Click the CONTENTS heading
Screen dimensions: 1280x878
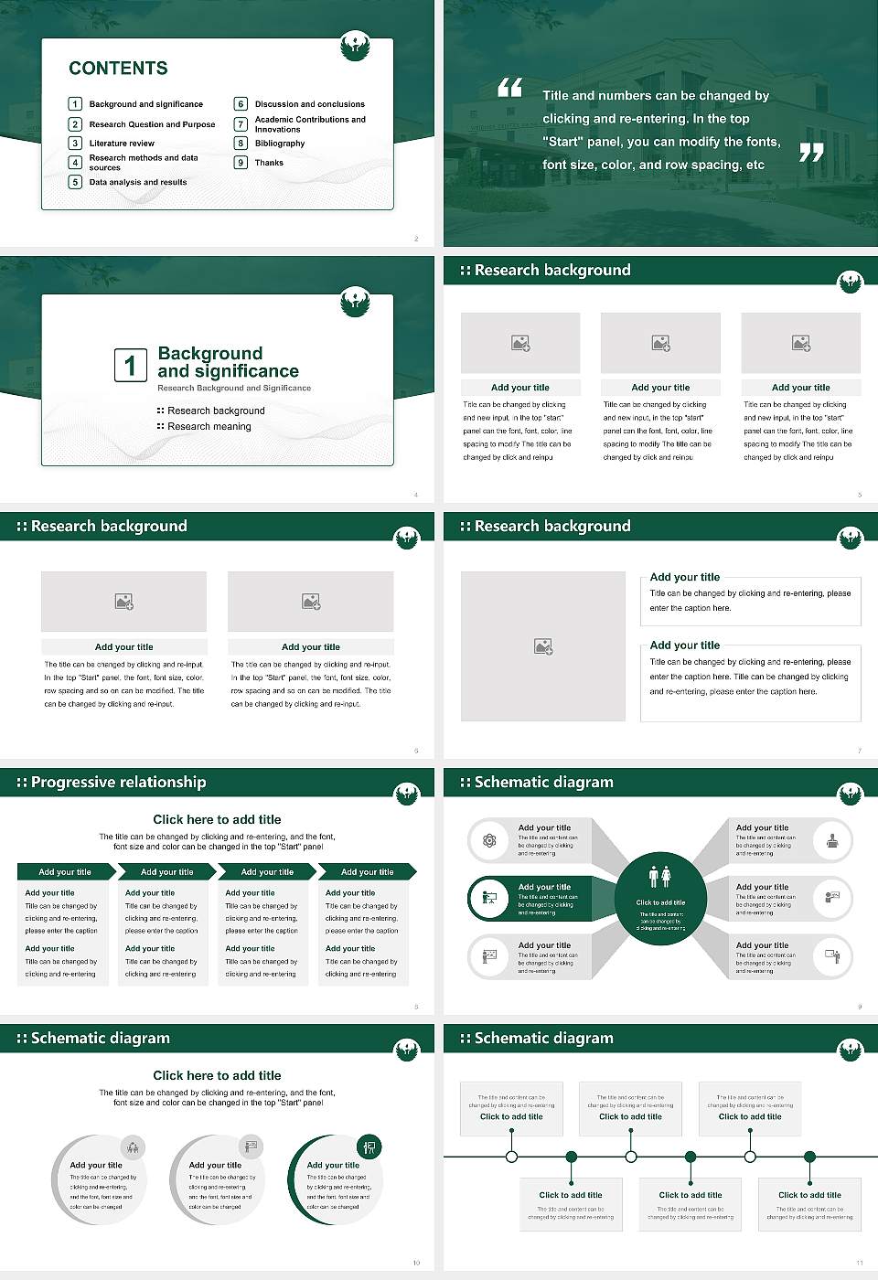(118, 69)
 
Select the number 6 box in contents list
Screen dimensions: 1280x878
(241, 104)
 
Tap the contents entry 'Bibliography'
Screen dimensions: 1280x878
(279, 144)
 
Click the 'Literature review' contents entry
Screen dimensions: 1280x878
(122, 144)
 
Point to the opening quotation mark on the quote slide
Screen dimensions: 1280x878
(509, 88)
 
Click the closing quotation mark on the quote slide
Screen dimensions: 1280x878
(811, 153)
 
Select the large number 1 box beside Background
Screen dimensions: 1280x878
(130, 366)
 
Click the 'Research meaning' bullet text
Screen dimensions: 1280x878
(209, 427)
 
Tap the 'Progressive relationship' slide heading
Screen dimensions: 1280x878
(118, 783)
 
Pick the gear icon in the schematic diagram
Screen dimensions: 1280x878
(489, 840)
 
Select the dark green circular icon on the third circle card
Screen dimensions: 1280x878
(369, 1147)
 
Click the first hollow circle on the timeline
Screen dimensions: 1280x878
(511, 1157)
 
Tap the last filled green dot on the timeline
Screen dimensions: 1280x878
(809, 1157)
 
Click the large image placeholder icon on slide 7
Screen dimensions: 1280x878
(543, 646)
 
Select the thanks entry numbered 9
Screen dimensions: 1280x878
(268, 163)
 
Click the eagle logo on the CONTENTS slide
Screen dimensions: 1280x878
(355, 46)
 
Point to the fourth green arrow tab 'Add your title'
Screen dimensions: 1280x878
(367, 872)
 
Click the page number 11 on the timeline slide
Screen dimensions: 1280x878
(860, 1263)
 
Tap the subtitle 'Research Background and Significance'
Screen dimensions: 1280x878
(234, 389)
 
